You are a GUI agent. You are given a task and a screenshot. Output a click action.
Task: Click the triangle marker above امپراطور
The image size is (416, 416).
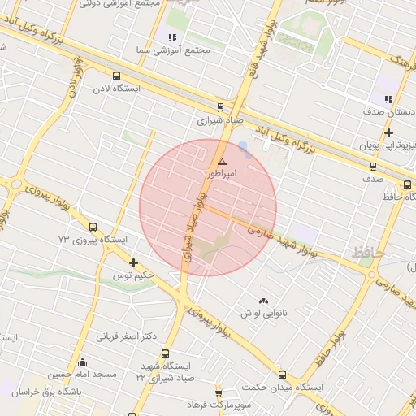[x=222, y=162]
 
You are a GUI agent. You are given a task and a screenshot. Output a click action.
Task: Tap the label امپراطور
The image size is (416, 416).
[x=222, y=174]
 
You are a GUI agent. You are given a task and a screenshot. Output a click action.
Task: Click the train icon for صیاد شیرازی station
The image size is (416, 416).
[x=221, y=106]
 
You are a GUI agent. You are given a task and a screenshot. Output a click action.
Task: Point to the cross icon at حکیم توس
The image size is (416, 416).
[x=134, y=262]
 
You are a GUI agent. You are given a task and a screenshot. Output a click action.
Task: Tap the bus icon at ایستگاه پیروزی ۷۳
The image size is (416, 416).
[x=93, y=228]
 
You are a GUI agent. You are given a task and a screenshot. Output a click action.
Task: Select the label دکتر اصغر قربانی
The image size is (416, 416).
[x=126, y=336]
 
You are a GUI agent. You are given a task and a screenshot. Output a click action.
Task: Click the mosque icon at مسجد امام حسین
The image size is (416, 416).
[x=81, y=362]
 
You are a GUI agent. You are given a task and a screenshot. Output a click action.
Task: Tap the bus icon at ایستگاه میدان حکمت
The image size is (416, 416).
[x=282, y=375]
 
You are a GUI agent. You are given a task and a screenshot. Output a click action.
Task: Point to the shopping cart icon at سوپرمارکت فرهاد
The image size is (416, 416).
[x=219, y=392]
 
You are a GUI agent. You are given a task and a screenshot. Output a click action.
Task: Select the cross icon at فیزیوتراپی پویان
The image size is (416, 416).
[x=390, y=132]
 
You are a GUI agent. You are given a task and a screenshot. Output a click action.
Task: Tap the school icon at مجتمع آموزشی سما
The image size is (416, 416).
[x=171, y=37]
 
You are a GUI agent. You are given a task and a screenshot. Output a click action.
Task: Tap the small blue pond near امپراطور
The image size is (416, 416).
[x=244, y=149]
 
